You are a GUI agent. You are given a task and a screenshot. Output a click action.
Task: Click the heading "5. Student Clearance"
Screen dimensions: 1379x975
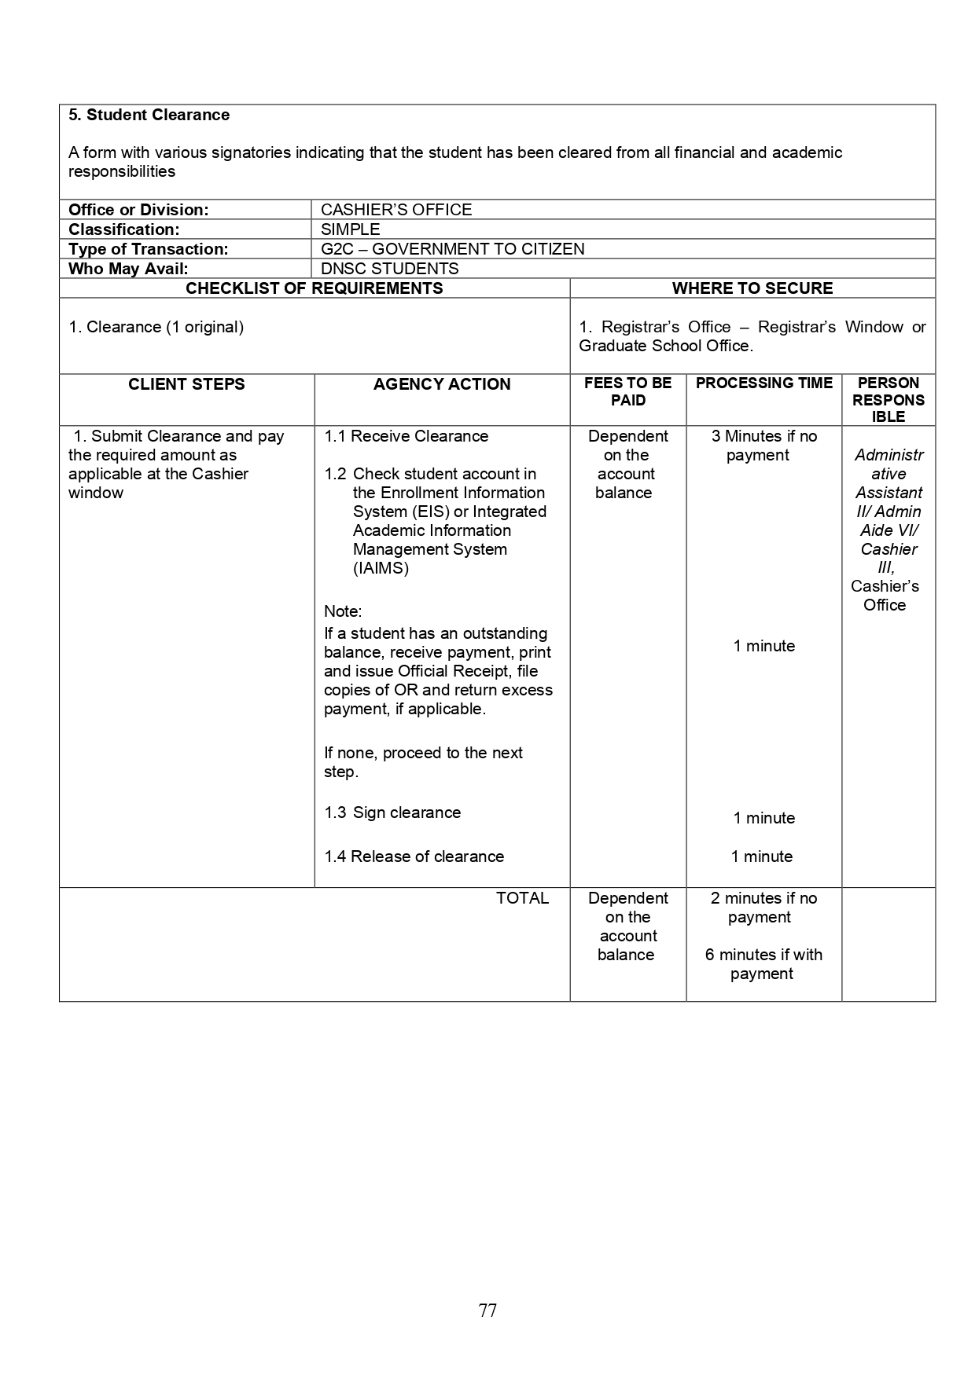pos(149,115)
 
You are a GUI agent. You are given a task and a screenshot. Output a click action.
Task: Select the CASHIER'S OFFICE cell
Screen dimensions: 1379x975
pos(396,210)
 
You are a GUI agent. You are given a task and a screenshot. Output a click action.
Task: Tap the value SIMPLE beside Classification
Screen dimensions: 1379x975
pos(350,229)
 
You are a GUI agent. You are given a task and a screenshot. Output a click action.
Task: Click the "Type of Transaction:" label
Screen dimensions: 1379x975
pos(148,249)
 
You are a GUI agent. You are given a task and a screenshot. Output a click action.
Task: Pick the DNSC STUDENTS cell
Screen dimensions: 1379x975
pos(389,269)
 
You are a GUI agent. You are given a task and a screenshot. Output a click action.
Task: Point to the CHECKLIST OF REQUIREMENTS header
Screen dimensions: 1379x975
pos(314,288)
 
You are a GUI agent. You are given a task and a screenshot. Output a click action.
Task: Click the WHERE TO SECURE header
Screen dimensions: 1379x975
pos(752,288)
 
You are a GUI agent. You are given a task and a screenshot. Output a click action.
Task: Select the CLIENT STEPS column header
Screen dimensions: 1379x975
pos(186,384)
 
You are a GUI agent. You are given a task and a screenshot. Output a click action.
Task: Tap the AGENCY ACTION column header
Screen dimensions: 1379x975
pos(441,384)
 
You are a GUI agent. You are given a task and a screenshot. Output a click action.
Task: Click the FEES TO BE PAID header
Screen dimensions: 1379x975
pos(627,391)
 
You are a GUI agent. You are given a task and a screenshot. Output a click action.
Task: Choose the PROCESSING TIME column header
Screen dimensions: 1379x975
pos(763,383)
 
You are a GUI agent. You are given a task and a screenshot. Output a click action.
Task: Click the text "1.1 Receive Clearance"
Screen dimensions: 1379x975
pos(406,436)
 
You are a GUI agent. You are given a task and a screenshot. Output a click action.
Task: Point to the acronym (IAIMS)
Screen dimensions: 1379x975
pos(381,568)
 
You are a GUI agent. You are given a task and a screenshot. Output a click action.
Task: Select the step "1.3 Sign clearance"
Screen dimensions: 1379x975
pos(392,812)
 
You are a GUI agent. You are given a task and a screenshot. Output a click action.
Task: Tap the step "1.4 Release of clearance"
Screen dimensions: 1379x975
pos(414,856)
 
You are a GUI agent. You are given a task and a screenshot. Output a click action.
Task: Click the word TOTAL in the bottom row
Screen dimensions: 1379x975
pos(522,898)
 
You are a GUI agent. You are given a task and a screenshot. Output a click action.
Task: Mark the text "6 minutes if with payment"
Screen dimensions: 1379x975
pos(763,964)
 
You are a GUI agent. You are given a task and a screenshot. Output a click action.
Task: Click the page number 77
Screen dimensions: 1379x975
pos(487,1310)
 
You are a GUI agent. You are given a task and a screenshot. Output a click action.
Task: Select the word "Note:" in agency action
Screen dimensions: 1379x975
pos(343,611)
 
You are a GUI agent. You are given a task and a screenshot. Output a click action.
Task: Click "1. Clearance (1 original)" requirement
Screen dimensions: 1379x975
pos(156,327)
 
